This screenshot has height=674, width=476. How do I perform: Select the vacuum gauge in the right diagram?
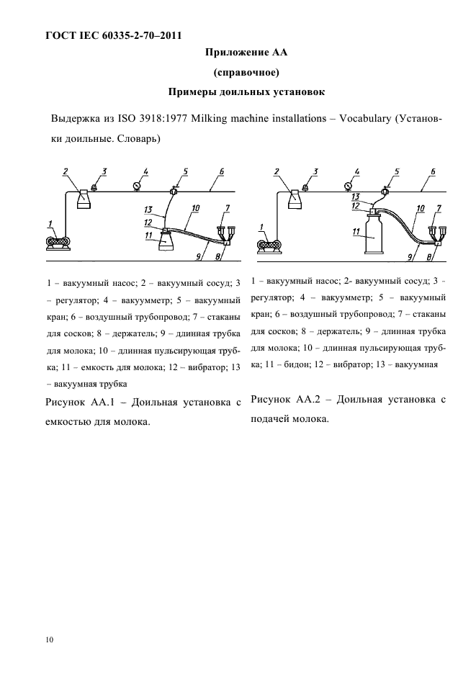[x=354, y=189]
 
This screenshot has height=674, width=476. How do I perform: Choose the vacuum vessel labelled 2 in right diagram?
[x=295, y=198]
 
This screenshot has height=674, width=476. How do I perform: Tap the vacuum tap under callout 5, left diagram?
[x=174, y=190]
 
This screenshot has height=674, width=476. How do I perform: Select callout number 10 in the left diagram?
[x=194, y=208]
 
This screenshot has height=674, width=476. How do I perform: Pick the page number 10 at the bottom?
[x=48, y=639]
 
